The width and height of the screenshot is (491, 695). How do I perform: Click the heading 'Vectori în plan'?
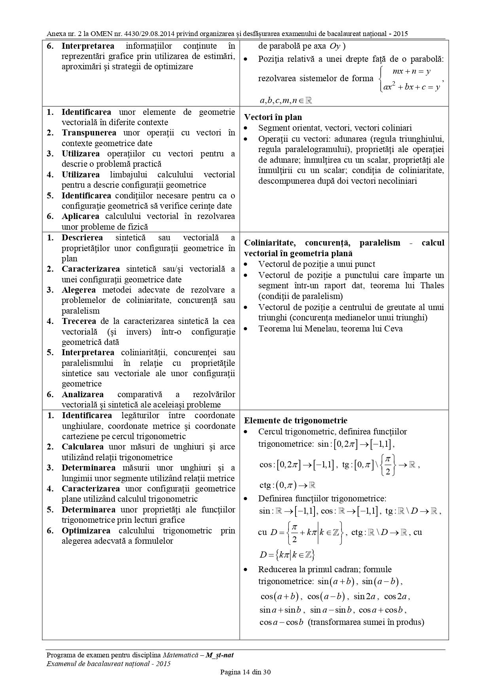[x=273, y=117]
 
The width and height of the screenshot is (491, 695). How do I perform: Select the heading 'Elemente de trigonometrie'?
[x=296, y=421]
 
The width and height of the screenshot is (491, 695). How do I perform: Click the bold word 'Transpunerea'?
[x=89, y=133]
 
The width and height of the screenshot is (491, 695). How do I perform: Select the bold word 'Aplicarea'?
[x=81, y=216]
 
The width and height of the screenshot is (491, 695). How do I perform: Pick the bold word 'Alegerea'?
[x=79, y=290]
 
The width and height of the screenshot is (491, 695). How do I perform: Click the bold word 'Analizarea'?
[x=83, y=394]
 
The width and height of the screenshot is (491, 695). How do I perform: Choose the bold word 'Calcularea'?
[x=83, y=447]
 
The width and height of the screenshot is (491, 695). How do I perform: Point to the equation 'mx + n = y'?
[x=411, y=72]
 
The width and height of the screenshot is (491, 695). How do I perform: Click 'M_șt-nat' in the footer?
[x=220, y=655]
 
